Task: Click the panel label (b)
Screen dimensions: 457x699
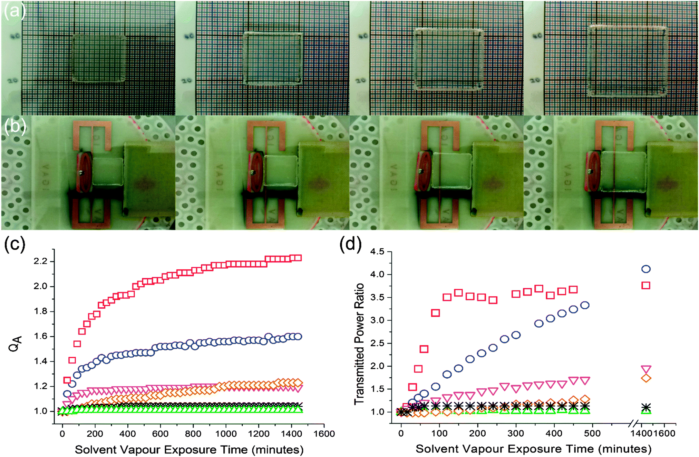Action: (14, 127)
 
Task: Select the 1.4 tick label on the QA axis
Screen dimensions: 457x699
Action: (40, 361)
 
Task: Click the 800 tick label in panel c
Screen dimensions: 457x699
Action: (193, 434)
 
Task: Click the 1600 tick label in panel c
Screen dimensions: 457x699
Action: (323, 434)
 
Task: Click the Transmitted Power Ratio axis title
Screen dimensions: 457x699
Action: (359, 344)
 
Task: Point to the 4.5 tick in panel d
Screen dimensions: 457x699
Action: (377, 251)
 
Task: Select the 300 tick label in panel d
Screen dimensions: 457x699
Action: (516, 433)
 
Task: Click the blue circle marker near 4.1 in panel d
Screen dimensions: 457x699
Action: (645, 269)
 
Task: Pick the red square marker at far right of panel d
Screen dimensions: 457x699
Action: (645, 285)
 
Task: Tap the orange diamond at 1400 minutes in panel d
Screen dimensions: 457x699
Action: (645, 378)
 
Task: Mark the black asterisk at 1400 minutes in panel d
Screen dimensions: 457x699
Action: (645, 407)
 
